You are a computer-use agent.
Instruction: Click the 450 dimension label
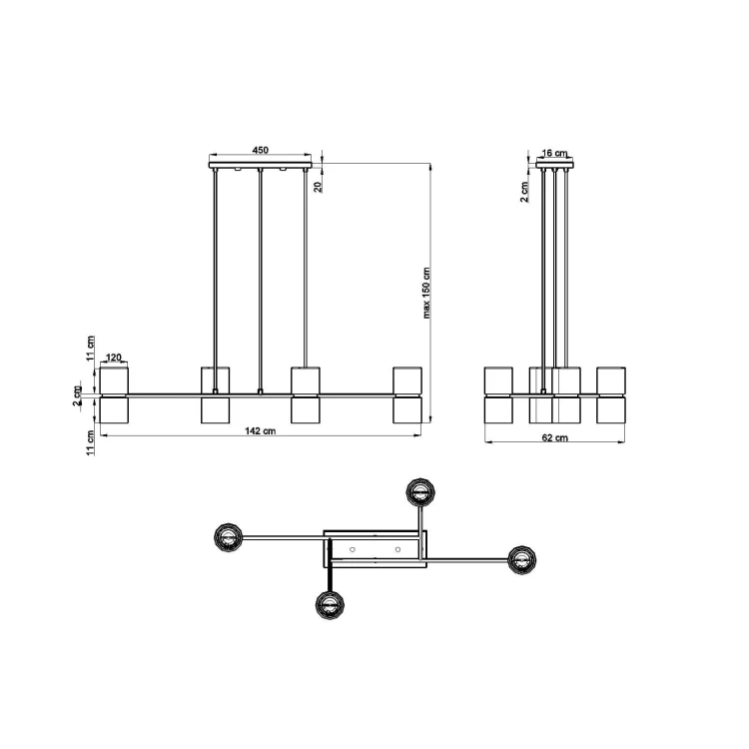[260, 150]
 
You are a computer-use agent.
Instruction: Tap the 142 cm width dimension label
[261, 430]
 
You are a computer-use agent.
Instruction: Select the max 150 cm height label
[426, 293]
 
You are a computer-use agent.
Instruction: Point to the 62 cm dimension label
[555, 437]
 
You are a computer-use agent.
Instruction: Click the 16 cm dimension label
[554, 153]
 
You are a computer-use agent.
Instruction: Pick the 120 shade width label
[114, 358]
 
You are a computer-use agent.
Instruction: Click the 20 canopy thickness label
[319, 187]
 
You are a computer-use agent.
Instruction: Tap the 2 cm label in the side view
[524, 192]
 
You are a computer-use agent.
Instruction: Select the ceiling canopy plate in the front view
[261, 165]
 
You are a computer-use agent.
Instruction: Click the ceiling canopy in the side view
[555, 165]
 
